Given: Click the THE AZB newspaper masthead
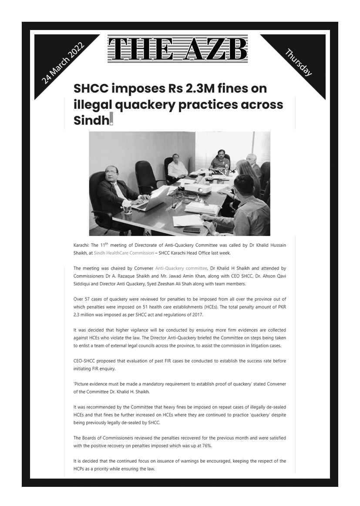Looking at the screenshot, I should point(178,49).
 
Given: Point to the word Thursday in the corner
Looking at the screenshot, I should point(299,63).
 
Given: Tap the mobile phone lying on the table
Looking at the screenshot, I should point(192,230).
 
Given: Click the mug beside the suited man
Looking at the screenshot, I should point(128,208).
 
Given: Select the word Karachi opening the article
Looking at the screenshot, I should point(81,245).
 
